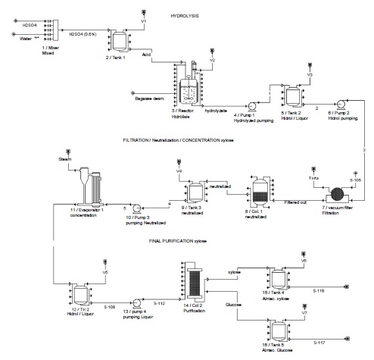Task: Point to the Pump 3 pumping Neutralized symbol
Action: pos(134,206)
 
